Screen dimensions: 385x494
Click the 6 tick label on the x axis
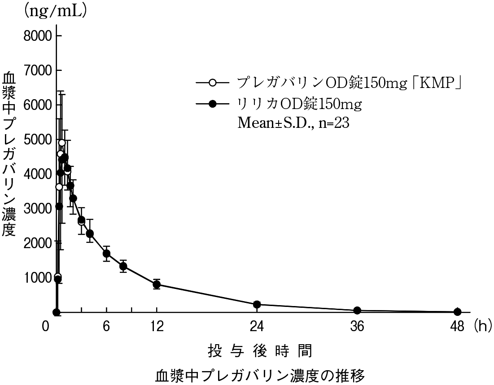point(106,327)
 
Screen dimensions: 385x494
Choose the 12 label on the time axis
point(157,327)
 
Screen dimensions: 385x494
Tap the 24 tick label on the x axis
point(257,327)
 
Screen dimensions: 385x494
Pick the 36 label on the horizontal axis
point(357,327)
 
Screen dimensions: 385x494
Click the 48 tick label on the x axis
point(457,327)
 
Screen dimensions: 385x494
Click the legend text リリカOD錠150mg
point(299,104)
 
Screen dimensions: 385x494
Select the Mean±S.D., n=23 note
point(293,123)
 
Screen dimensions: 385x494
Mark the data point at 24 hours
point(257,305)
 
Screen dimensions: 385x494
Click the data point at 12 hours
point(157,284)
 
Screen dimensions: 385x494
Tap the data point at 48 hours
point(457,312)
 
